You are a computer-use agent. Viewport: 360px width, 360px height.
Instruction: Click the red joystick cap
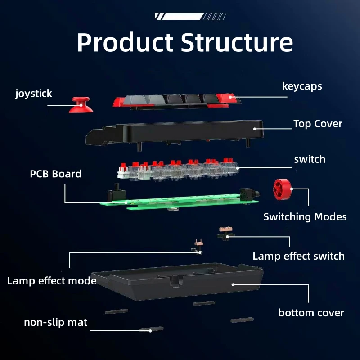(x=81, y=105)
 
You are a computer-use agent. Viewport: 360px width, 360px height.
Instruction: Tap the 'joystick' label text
(x=33, y=94)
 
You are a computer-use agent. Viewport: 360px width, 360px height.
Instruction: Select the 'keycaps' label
(x=302, y=86)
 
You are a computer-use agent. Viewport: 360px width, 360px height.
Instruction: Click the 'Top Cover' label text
(x=318, y=124)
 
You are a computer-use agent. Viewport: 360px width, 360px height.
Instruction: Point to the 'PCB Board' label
(x=55, y=174)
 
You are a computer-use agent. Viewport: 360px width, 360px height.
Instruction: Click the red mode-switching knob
(x=283, y=189)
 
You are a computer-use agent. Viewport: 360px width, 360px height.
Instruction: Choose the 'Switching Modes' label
(x=305, y=217)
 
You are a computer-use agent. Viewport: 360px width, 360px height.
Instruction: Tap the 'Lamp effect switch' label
(x=298, y=256)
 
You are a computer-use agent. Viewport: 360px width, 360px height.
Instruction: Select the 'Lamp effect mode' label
(x=52, y=281)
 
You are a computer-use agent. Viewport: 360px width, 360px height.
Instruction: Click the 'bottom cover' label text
(x=311, y=313)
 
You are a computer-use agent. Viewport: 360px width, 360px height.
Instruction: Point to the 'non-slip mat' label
(x=55, y=322)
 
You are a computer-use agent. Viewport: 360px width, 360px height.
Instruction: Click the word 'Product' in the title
(x=125, y=42)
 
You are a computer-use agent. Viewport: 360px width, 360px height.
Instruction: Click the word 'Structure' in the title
(x=237, y=42)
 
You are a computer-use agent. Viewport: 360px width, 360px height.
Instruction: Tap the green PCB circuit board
(x=179, y=201)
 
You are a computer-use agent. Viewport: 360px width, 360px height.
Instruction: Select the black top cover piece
(x=175, y=134)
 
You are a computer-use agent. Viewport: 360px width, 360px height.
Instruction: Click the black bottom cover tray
(x=177, y=281)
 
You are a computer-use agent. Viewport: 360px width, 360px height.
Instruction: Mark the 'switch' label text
(x=310, y=160)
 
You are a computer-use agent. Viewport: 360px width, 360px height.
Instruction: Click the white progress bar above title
(x=183, y=16)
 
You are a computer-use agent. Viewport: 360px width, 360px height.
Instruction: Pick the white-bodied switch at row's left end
(x=123, y=171)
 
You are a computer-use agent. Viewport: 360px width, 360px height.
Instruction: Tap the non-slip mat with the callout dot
(x=151, y=329)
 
